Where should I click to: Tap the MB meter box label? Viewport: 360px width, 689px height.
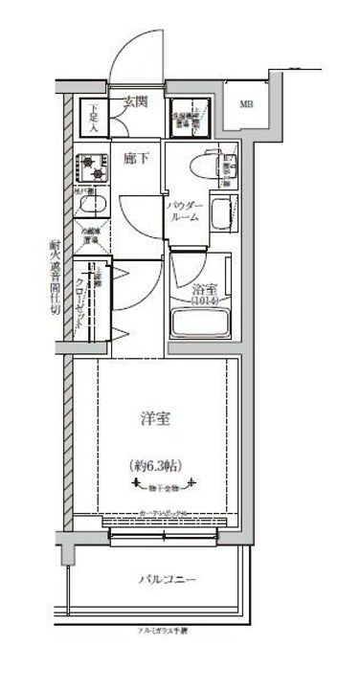coord(246,104)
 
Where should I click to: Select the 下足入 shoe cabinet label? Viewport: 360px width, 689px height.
coord(95,115)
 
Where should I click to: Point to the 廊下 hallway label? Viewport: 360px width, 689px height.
coord(135,156)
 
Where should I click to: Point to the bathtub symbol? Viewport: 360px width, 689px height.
coord(204,322)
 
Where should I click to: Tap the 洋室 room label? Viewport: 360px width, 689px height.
coord(156,418)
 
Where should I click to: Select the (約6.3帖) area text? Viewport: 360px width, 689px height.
coord(156,466)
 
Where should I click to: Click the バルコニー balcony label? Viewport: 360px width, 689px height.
coord(169,580)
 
